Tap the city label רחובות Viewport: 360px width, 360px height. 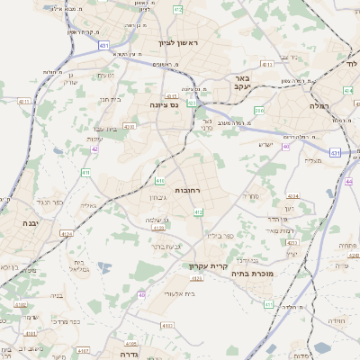[192, 191]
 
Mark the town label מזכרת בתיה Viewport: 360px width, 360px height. [276, 272]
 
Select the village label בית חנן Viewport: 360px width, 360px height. [109, 99]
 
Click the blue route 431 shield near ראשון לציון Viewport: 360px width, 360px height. [104, 44]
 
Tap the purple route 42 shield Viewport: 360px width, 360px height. [94, 149]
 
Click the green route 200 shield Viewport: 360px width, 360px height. [259, 110]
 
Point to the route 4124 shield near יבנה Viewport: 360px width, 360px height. [65, 234]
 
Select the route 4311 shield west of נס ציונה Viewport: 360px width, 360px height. [22, 102]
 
